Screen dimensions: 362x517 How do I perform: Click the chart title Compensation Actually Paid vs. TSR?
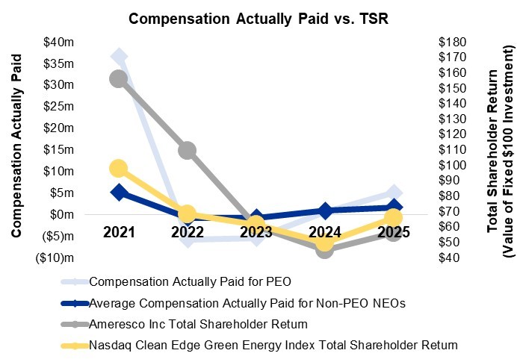click(258, 19)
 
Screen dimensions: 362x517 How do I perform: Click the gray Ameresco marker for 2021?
click(118, 78)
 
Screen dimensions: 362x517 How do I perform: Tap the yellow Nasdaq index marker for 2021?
click(118, 169)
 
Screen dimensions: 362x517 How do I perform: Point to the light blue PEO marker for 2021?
click(118, 56)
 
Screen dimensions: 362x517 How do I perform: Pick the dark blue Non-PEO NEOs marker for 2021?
click(118, 192)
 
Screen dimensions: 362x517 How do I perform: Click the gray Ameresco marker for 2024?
click(325, 249)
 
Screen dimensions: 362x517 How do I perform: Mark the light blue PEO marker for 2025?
click(394, 194)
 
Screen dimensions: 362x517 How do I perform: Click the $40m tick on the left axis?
click(59, 41)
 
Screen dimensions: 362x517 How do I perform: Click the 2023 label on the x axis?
click(256, 232)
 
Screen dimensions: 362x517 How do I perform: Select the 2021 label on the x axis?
click(118, 232)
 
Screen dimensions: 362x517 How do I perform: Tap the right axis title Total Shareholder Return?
click(492, 149)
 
